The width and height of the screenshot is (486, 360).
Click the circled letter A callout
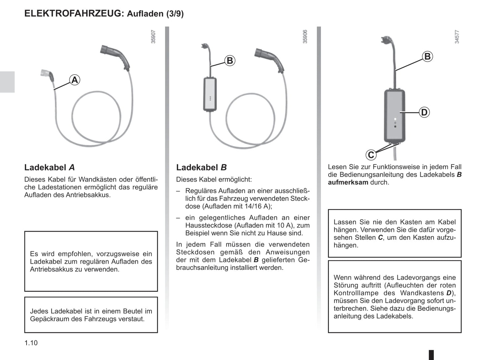coord(74,80)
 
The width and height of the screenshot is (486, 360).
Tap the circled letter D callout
coord(424,112)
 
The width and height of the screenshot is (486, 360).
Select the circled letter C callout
coord(371,155)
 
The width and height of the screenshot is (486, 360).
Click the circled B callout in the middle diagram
coord(230,61)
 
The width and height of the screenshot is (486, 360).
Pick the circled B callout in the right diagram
coord(427,57)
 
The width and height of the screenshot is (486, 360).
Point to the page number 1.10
coord(31,343)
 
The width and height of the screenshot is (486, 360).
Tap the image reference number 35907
coord(153,37)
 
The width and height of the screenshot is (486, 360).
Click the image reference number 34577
coord(457,37)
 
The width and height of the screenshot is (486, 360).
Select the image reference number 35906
coord(305,37)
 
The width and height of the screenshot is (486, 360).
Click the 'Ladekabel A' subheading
coord(49,168)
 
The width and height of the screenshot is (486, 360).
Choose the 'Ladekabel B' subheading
coord(201,168)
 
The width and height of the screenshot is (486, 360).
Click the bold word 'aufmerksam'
coord(348,182)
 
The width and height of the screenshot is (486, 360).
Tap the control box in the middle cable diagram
coord(210,94)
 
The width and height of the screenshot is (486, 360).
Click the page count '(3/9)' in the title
coord(175,14)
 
